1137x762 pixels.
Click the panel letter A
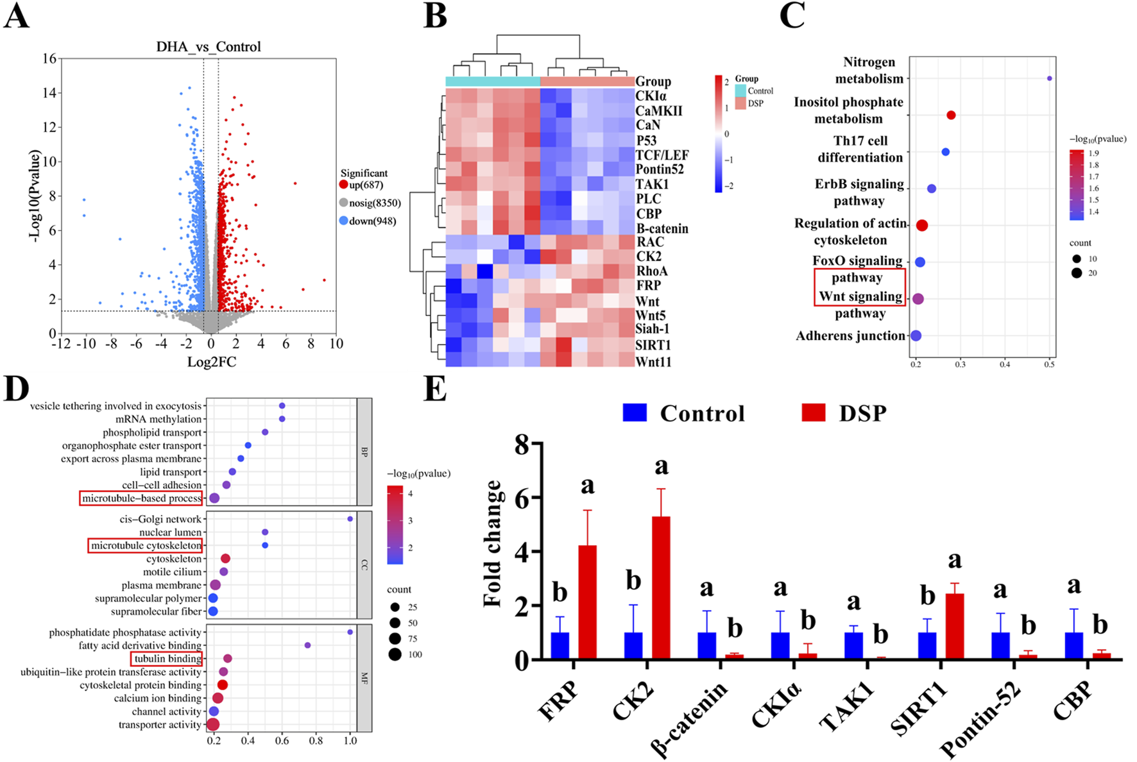(17, 15)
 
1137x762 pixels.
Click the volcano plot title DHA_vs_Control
(209, 47)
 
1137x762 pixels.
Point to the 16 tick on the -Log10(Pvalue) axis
(49, 59)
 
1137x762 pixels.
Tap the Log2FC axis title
(211, 362)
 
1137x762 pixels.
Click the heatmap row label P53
(647, 140)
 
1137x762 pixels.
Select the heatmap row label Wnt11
(653, 362)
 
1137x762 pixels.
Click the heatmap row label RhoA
(651, 271)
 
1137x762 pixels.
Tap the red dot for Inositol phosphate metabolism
(951, 115)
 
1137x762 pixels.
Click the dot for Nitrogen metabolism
(1049, 79)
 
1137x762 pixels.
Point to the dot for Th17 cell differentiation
(945, 152)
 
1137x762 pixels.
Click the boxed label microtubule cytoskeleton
(146, 546)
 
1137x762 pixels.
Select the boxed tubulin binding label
(167, 659)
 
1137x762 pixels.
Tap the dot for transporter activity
(213, 725)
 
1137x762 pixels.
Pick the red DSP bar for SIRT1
(954, 626)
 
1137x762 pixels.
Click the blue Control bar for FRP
(560, 645)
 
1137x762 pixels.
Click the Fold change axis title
(493, 544)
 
